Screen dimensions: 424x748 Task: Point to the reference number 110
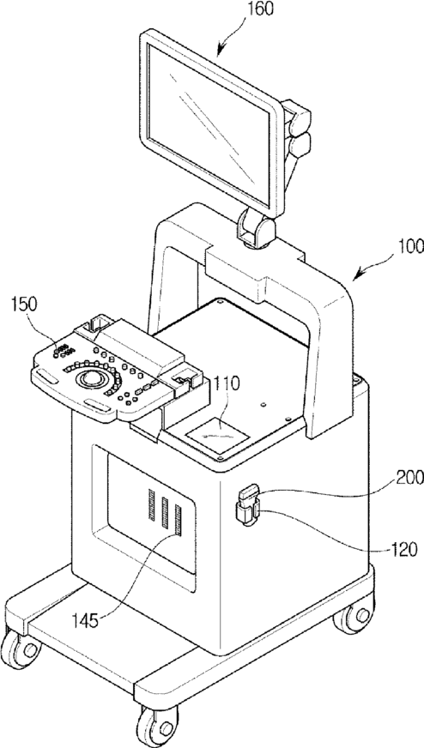(227, 383)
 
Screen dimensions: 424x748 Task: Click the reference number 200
(408, 477)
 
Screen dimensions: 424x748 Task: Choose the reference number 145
(86, 621)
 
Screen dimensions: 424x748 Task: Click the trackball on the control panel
(90, 378)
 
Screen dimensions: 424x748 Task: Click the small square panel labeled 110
(217, 436)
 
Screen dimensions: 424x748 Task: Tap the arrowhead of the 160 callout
(220, 53)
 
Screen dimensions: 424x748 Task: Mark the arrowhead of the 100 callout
(355, 277)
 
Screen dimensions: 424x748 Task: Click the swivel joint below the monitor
(257, 228)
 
